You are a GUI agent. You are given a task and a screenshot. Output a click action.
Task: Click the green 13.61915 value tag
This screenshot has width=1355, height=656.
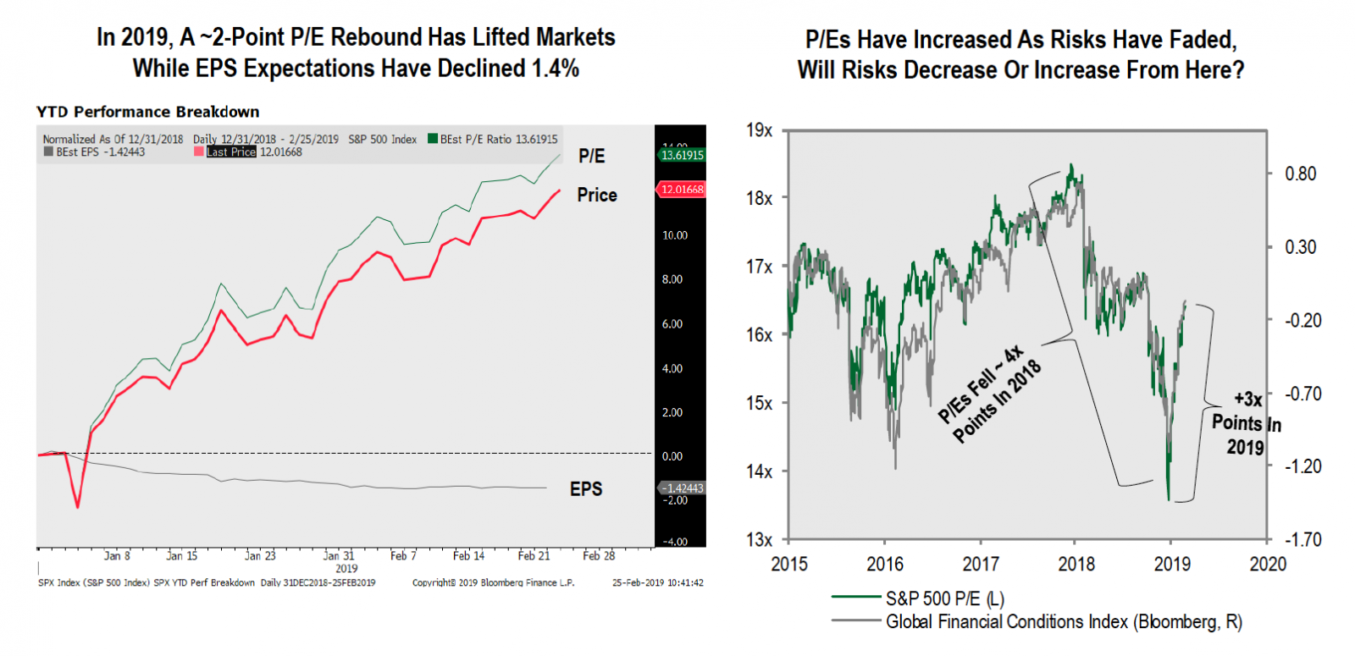(682, 155)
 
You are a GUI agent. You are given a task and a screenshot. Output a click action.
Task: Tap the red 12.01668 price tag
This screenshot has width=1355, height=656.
(682, 190)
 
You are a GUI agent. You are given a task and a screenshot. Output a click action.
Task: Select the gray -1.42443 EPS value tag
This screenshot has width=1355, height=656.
(682, 488)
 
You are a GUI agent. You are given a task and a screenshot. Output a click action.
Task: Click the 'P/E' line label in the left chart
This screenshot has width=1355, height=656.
(591, 156)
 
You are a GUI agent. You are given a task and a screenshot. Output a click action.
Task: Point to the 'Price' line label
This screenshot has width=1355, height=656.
(597, 195)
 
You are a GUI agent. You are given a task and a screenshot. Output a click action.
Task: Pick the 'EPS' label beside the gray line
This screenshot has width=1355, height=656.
(586, 489)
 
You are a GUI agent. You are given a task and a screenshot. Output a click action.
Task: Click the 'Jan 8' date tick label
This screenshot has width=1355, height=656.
(117, 556)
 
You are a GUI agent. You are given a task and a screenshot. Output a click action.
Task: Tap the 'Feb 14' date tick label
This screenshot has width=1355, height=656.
(468, 556)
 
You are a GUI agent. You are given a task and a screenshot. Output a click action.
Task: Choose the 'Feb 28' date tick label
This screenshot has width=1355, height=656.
(599, 556)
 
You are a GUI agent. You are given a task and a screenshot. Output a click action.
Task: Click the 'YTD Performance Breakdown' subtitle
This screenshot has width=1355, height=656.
(148, 112)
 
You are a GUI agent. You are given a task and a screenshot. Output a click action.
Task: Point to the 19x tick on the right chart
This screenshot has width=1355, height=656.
(759, 130)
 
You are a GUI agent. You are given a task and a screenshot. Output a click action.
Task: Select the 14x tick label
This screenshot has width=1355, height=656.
(759, 471)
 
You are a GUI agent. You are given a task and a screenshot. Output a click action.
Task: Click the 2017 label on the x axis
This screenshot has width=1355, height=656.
(980, 564)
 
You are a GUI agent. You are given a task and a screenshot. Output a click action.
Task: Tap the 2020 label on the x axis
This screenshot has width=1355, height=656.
(1268, 564)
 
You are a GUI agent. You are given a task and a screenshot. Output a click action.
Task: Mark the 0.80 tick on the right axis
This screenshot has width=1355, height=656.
(1300, 174)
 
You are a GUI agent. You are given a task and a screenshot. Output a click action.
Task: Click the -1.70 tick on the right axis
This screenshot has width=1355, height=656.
(1302, 539)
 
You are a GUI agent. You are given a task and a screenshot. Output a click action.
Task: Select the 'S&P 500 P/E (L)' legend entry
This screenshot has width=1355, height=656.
(944, 598)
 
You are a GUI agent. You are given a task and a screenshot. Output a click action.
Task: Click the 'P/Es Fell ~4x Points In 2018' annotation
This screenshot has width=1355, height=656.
(989, 394)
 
